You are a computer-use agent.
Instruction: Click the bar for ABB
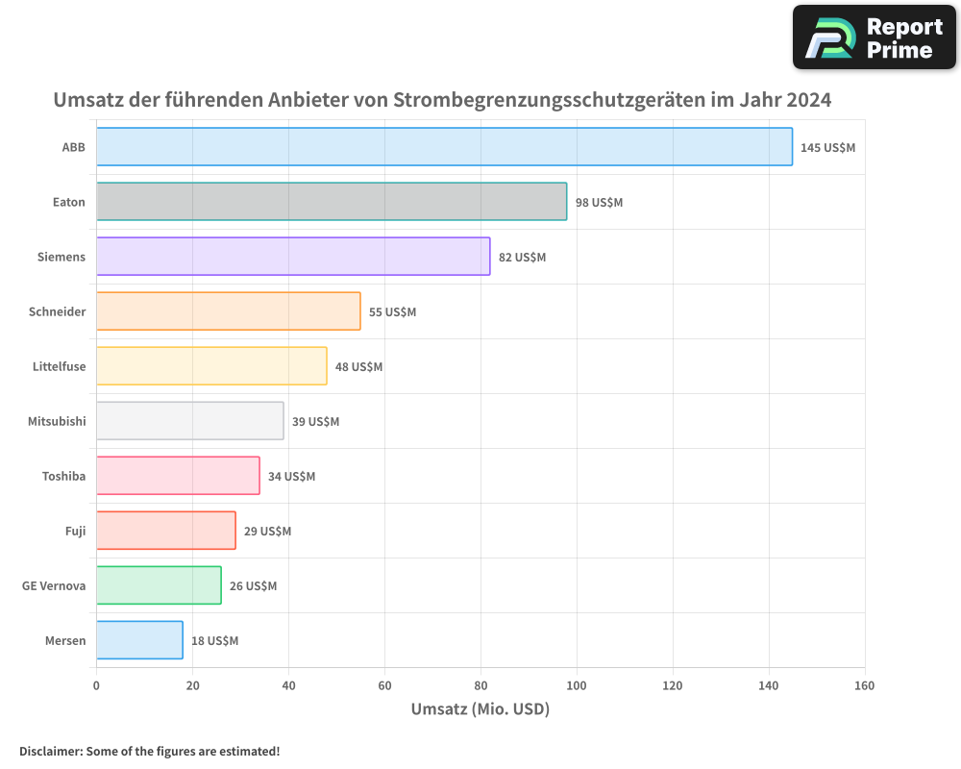[444, 147]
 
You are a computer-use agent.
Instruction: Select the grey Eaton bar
[332, 202]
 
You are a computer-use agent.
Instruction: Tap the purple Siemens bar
[293, 257]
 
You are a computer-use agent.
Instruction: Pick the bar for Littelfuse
[211, 366]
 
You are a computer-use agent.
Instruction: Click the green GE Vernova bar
[159, 585]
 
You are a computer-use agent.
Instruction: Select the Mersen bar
[139, 640]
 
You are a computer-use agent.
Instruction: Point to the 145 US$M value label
[827, 148]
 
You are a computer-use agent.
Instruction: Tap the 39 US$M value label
[315, 422]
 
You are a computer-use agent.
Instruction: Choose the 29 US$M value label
[267, 532]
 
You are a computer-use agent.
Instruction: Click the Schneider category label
[57, 312]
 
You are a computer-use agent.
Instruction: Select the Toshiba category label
[63, 477]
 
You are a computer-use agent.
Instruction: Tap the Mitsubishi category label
[57, 422]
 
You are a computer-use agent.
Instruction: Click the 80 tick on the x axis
[480, 685]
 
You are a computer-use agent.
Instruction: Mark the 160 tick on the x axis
[864, 685]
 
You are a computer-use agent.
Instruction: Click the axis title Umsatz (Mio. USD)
[480, 709]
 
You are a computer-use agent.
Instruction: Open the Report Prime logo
[874, 37]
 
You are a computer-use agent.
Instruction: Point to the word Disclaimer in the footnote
[50, 751]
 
